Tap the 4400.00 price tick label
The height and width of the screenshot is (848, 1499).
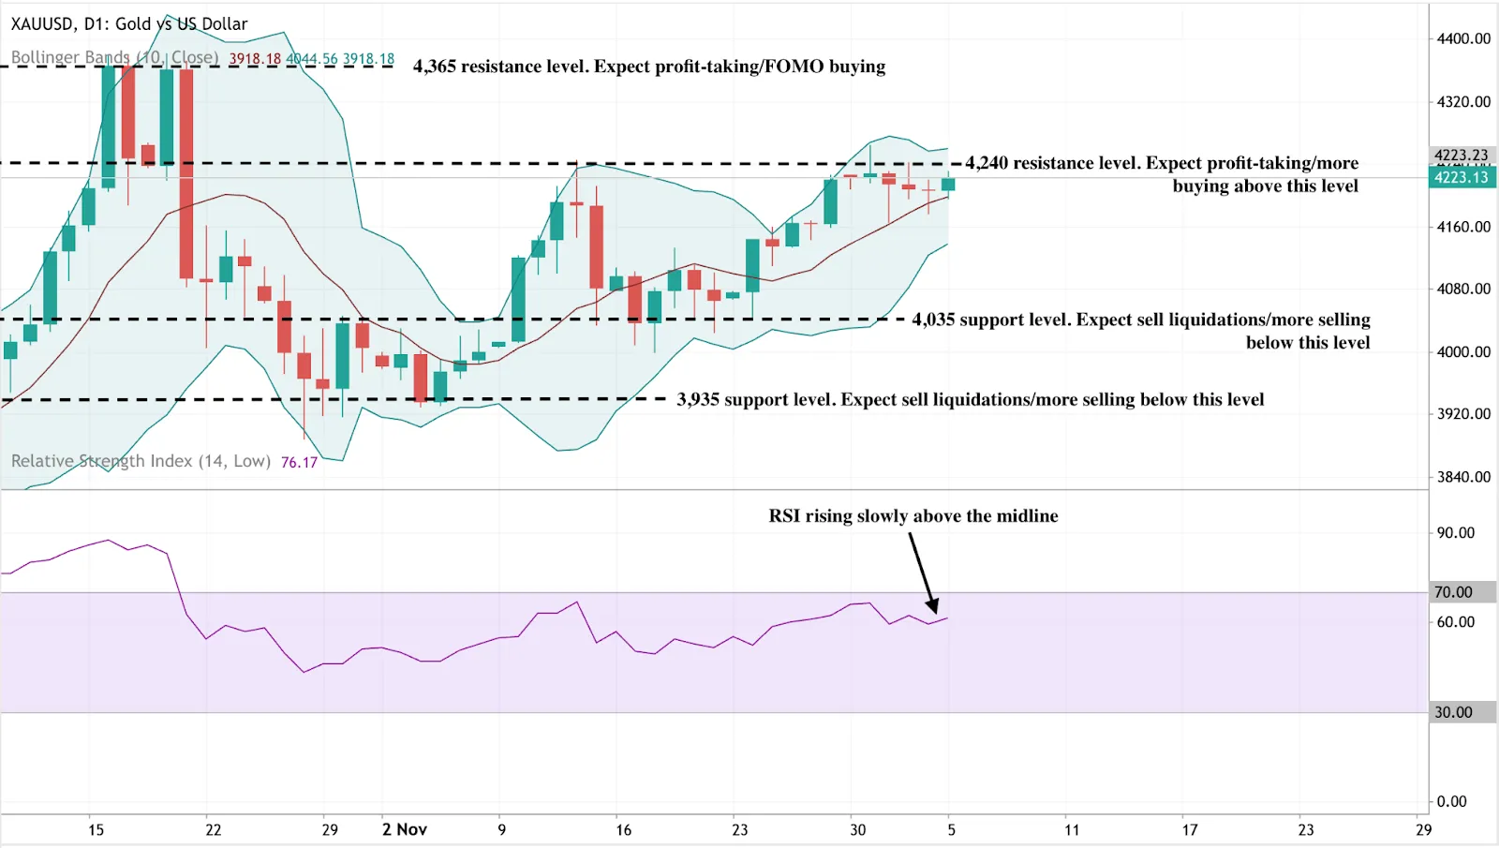[x=1463, y=38]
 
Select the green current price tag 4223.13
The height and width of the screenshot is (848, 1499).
[x=1462, y=177]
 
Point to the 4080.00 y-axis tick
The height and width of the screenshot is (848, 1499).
[x=1463, y=289]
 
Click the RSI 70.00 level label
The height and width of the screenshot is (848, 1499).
[x=1453, y=592]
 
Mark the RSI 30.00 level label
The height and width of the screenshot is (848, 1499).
[x=1453, y=712]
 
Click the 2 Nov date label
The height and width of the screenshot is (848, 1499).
[x=404, y=829]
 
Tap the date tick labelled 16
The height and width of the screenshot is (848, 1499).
[x=623, y=829]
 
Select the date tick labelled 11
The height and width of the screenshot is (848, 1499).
[x=1072, y=829]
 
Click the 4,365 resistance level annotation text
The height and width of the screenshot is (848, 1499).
[x=648, y=67]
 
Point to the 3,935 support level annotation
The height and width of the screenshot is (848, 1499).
[x=970, y=400]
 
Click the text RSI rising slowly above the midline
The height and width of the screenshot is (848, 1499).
[x=913, y=516]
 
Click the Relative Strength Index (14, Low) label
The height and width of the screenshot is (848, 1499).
[x=141, y=461]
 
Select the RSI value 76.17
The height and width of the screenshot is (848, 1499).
[x=299, y=462]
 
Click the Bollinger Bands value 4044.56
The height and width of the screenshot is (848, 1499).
[x=311, y=59]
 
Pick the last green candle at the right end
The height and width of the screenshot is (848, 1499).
[x=948, y=185]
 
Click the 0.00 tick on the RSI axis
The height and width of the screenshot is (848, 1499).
[x=1451, y=801]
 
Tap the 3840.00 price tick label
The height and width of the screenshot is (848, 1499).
[x=1463, y=477]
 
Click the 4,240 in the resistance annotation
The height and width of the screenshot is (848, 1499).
[x=987, y=163]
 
